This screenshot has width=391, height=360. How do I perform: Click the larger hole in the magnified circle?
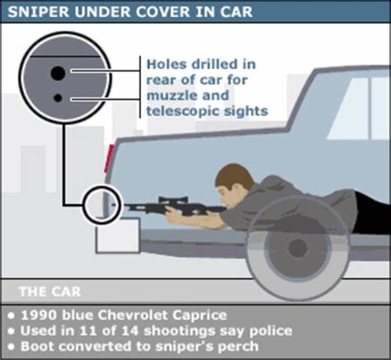(x=58, y=73)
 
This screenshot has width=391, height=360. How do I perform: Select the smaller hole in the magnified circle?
(x=58, y=97)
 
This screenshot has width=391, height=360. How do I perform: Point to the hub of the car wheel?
(x=297, y=247)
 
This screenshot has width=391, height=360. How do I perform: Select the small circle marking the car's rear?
(x=102, y=203)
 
